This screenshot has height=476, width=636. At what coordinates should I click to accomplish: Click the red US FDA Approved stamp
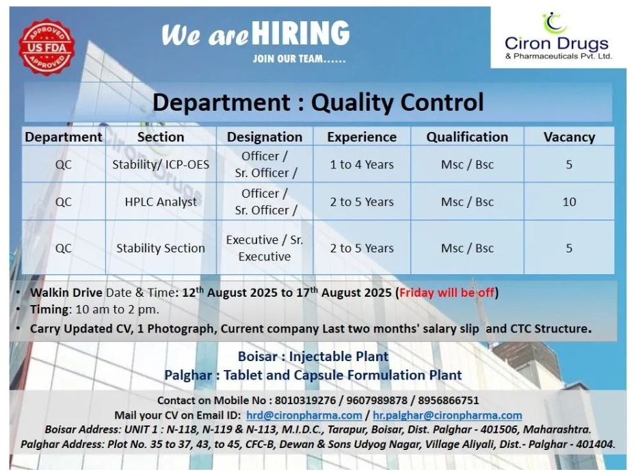tap(47, 47)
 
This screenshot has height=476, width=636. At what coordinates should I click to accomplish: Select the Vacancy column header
tap(569, 137)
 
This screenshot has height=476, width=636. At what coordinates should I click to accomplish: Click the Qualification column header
tap(467, 137)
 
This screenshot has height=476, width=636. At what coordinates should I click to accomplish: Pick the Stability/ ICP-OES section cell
tap(161, 164)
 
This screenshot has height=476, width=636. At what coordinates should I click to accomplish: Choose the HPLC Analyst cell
tap(161, 202)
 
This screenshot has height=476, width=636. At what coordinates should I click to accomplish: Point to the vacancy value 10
tap(569, 202)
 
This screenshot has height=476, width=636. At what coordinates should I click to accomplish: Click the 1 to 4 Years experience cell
tap(362, 164)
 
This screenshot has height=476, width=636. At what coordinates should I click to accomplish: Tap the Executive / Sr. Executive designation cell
tap(265, 248)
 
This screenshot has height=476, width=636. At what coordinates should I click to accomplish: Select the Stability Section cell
tap(161, 248)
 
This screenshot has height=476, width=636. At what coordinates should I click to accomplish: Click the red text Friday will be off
tap(447, 293)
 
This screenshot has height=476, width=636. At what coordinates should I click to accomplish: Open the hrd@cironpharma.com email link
tap(304, 415)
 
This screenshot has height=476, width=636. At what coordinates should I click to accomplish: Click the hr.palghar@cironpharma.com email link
tap(447, 415)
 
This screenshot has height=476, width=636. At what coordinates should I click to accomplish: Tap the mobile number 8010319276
tap(306, 401)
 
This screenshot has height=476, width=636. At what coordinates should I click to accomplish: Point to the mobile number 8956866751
tap(449, 401)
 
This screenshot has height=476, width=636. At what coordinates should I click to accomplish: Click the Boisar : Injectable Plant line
tap(313, 356)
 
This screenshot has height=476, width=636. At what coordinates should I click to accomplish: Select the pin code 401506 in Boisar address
tap(500, 429)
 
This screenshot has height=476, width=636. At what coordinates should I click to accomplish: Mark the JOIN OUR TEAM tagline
tap(300, 59)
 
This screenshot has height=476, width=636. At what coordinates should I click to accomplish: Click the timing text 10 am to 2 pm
tap(117, 310)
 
